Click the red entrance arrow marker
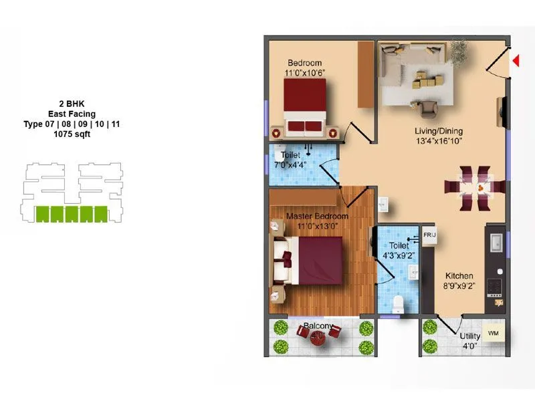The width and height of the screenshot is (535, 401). coord(516,61)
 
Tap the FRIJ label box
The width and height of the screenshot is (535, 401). coord(428,236)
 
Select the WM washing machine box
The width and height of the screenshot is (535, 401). coord(494,332)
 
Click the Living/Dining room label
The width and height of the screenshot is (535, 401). coord(438,131)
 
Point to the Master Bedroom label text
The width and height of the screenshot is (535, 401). coord(317,217)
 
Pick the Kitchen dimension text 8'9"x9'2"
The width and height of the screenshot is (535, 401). coord(459,286)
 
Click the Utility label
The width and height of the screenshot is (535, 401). coord(469,336)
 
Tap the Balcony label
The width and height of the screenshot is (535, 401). coord(318,326)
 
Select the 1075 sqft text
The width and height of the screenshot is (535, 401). coord(72,134)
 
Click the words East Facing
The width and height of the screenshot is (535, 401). coord(72,114)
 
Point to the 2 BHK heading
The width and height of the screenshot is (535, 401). coord(72,104)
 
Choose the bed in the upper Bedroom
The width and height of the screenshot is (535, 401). coord(304,107)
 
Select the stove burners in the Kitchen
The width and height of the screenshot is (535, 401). coord(496,285)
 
